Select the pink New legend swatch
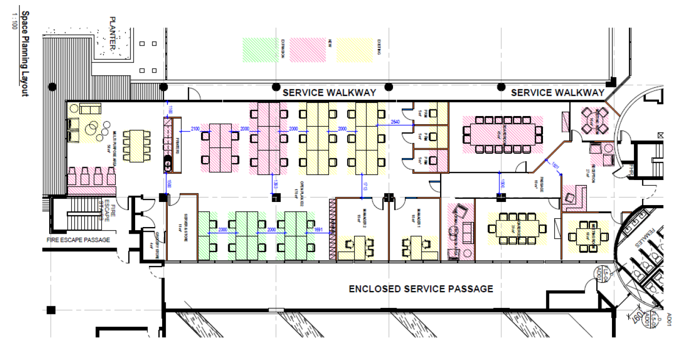[x=308, y=50]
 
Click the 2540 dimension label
[x=395, y=122]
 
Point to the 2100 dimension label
[x=195, y=128]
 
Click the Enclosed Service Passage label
[x=421, y=289]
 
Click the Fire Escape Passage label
[x=78, y=240]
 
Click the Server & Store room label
[x=180, y=221]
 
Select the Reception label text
[x=594, y=174]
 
